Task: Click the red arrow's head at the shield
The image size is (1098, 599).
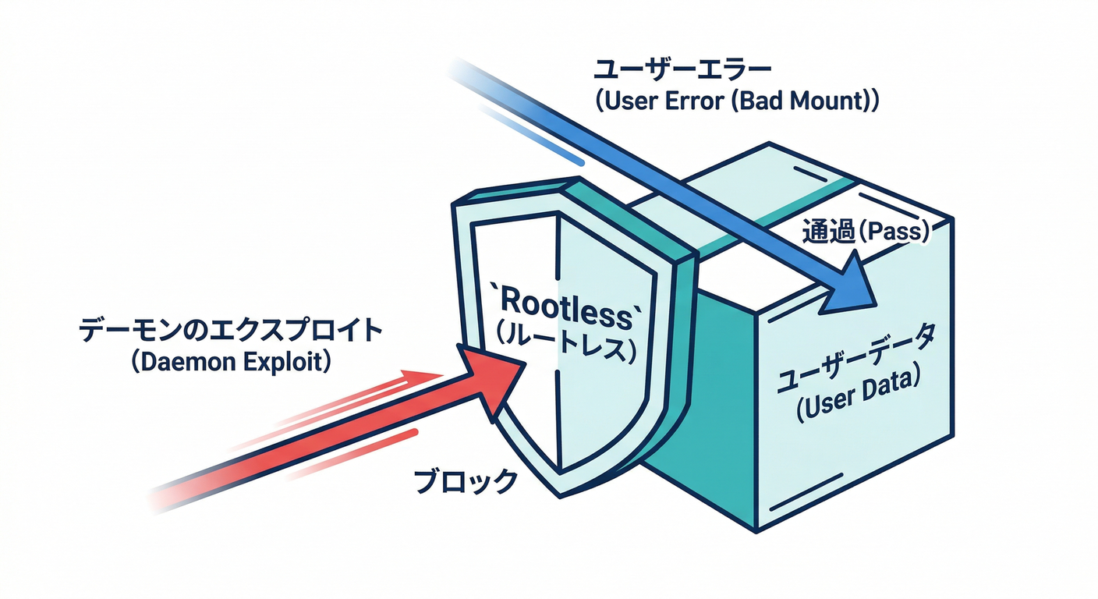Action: [x=491, y=378]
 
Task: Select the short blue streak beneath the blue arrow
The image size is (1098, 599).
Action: [x=530, y=136]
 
